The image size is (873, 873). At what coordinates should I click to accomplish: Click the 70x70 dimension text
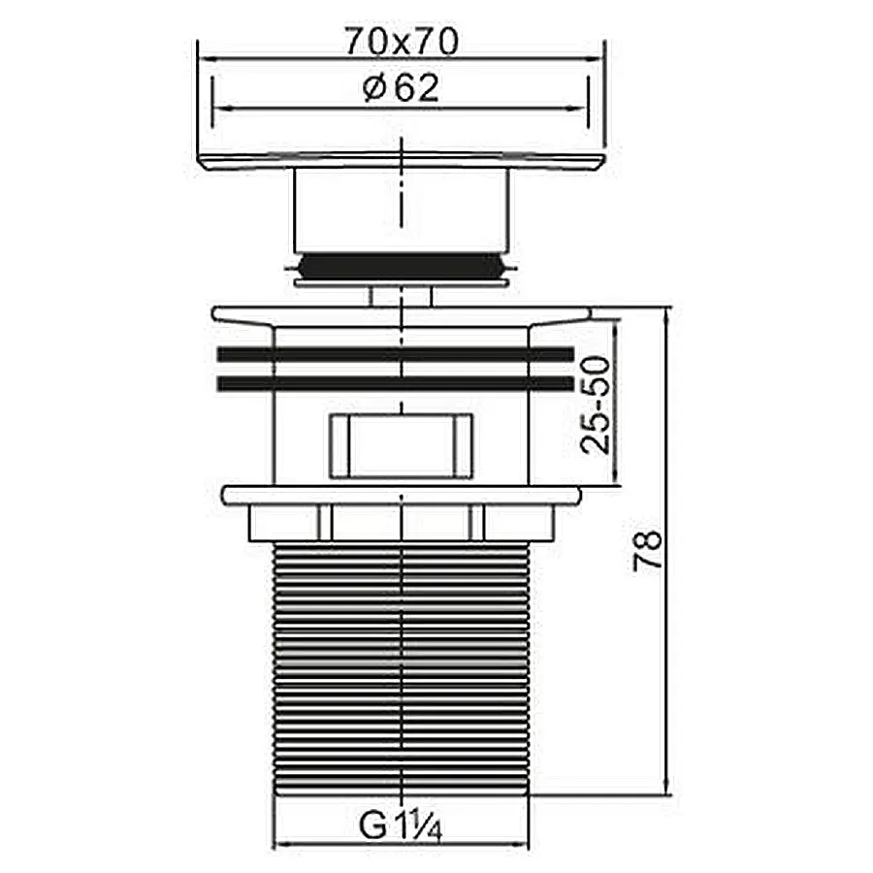pos(402,41)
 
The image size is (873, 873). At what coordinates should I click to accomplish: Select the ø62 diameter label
pos(401,88)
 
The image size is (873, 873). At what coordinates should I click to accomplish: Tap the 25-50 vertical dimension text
pos(596,404)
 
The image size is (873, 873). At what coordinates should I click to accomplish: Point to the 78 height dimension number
pos(648,550)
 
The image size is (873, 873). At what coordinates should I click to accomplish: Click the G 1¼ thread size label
pos(401,825)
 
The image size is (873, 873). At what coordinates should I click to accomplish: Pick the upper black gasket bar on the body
pos(396,354)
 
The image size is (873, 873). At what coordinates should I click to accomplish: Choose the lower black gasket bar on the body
pos(396,383)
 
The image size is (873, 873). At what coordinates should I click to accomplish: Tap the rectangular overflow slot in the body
pos(401,446)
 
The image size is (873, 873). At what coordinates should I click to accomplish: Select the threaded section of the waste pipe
pos(402,669)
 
